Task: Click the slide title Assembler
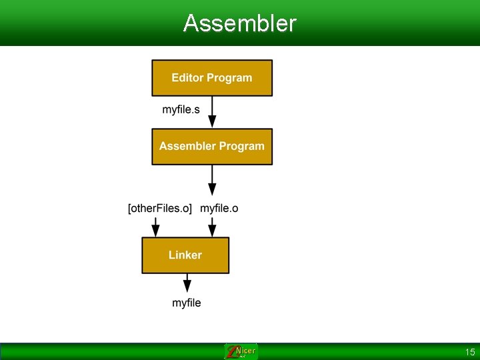239,23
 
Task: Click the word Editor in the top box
187,78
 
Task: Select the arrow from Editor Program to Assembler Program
212,113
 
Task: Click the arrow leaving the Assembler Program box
212,180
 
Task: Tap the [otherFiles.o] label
160,209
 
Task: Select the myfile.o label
219,209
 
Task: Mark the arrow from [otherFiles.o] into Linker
155,227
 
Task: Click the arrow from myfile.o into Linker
212,227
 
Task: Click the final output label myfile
186,303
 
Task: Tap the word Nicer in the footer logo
245,351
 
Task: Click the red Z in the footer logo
231,352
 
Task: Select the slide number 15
470,352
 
